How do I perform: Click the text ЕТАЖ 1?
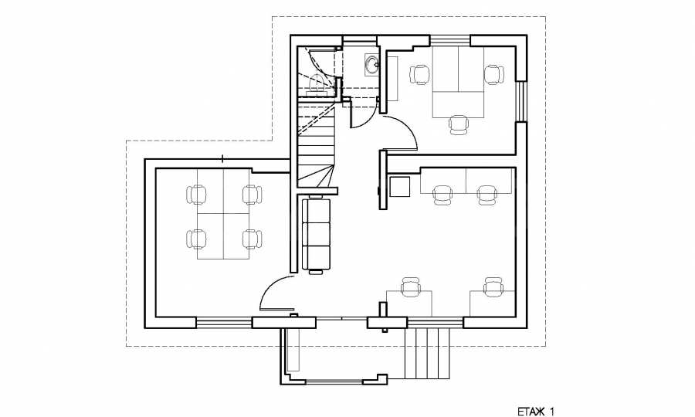[x=536, y=412]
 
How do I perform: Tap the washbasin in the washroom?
[x=371, y=66]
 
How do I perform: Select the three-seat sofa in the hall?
[x=316, y=235]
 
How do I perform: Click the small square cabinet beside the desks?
[x=399, y=186]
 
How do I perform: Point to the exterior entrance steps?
[x=427, y=354]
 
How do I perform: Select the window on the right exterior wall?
[x=521, y=101]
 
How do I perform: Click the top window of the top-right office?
[x=449, y=40]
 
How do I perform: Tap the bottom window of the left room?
[x=224, y=323]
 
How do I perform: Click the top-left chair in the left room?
[x=197, y=195]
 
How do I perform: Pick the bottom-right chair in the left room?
[x=252, y=239]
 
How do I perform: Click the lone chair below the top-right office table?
[x=458, y=124]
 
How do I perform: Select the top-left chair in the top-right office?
[x=420, y=74]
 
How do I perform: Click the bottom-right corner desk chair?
[x=493, y=287]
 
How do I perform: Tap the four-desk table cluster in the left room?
[x=223, y=214]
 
